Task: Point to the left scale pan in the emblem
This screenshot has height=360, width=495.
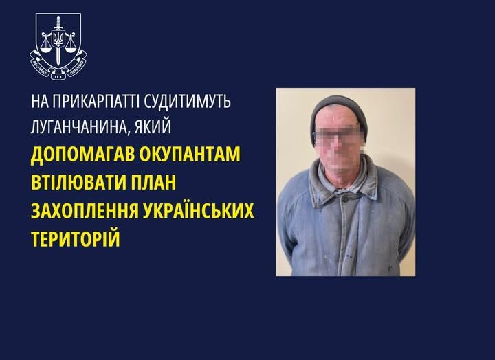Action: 45,48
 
